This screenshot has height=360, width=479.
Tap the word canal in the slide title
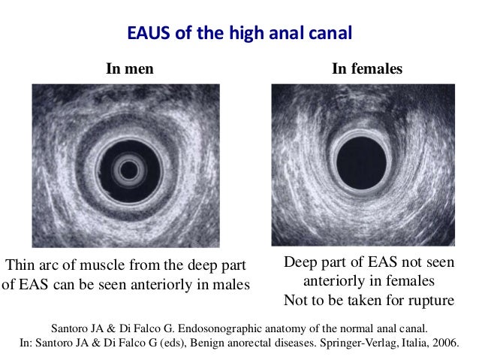pos(332,35)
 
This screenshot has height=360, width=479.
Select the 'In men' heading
pos(130,68)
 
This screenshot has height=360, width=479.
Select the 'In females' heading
pos(367,68)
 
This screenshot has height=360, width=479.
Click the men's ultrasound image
pos(125,165)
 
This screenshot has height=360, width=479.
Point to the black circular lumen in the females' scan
pos(361,164)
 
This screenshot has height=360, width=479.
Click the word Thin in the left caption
pos(23,266)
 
